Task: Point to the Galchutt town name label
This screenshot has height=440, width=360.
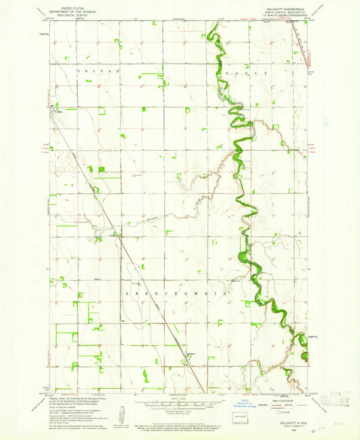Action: pyautogui.click(x=191, y=352)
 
